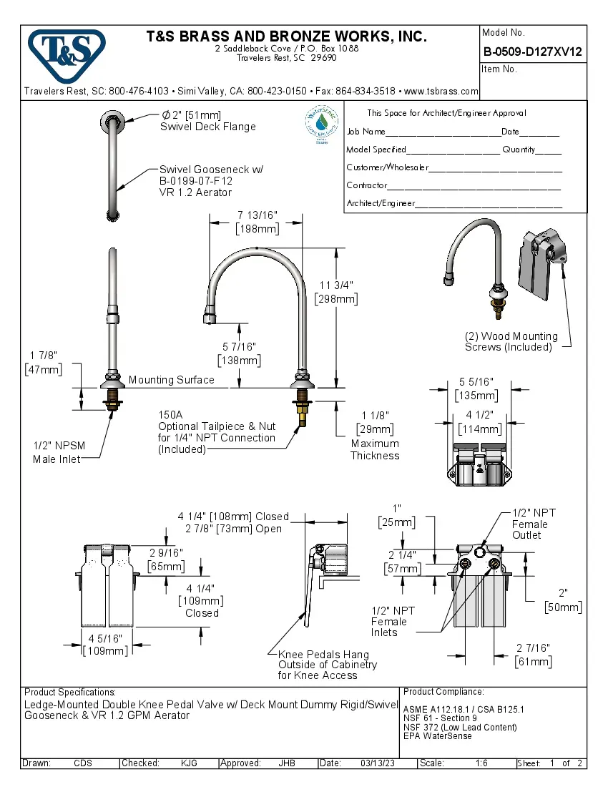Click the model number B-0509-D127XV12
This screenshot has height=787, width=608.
pos(532,52)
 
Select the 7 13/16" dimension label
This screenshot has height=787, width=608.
pos(258,222)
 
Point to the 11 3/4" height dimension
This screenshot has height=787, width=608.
pos(335,292)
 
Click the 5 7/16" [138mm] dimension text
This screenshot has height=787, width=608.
pos(239,353)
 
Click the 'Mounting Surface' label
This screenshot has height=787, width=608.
pos(171,380)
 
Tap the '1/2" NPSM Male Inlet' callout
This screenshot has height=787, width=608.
pos(59,452)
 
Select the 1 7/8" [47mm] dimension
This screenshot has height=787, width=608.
pos(43,363)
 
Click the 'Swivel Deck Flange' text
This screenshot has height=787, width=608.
pos(207,127)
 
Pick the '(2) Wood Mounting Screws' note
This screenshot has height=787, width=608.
pos(511,341)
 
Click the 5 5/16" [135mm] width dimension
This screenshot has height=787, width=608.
pos(476,389)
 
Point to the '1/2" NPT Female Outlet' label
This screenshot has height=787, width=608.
pos(534,524)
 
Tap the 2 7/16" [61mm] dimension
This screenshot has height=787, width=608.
pos(533,654)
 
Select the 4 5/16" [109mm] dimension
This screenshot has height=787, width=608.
pos(105,644)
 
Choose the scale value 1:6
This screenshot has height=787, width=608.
pos(481,763)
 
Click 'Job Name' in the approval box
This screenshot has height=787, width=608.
pos(366,132)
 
